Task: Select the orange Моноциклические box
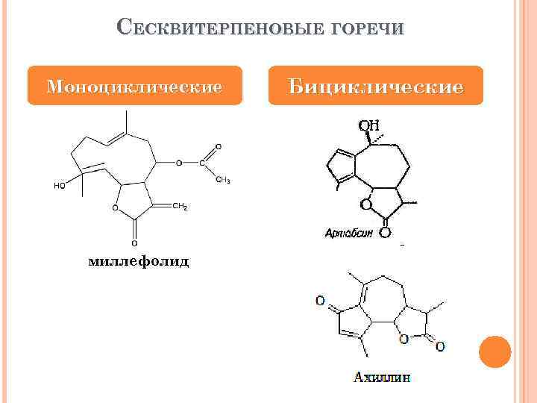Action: (135, 86)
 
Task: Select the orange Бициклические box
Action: (377, 86)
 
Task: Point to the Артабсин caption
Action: (349, 232)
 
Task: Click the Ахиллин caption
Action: (382, 377)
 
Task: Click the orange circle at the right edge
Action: (494, 352)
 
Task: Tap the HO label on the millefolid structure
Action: (59, 186)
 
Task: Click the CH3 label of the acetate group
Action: (222, 180)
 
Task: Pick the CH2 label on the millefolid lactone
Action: (180, 206)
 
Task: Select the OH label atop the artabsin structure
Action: (369, 125)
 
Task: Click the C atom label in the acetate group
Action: (201, 162)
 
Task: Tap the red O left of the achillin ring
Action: (320, 302)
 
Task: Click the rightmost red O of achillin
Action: (441, 346)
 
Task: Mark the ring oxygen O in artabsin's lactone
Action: (365, 203)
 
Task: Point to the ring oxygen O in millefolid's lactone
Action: (116, 208)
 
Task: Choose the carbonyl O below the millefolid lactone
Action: (134, 242)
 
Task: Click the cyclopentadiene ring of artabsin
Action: (344, 166)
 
